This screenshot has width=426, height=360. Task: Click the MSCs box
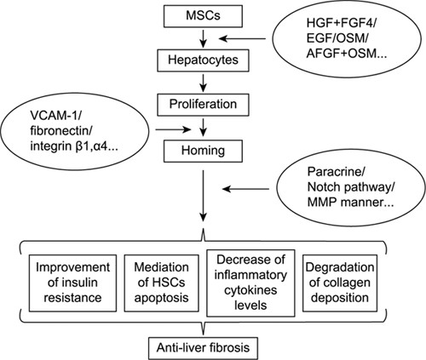(x=203, y=15)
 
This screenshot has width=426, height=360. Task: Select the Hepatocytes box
(x=203, y=60)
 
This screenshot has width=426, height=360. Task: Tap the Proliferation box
(x=203, y=105)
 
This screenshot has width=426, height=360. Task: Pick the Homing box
(x=203, y=151)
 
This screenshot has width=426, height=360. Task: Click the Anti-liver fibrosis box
(x=203, y=348)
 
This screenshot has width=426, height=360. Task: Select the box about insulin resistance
(x=72, y=283)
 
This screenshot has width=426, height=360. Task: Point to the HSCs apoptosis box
(x=161, y=283)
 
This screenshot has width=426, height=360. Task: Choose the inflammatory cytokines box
(x=250, y=283)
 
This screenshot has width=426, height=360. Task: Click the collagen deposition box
(x=340, y=283)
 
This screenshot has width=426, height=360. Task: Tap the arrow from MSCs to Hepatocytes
(x=203, y=38)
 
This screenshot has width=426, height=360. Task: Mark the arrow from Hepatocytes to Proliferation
(x=203, y=83)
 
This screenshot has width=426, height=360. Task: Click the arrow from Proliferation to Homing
(x=203, y=127)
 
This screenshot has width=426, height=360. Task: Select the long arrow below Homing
(x=203, y=196)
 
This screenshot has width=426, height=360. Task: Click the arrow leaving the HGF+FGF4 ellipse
(x=243, y=38)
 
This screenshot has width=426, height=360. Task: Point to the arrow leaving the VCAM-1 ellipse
(x=173, y=130)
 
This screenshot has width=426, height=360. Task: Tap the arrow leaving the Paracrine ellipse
(x=245, y=189)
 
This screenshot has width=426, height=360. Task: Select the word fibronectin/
(x=61, y=131)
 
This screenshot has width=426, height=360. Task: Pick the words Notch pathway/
(x=351, y=187)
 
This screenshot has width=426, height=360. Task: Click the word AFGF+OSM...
(x=341, y=54)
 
